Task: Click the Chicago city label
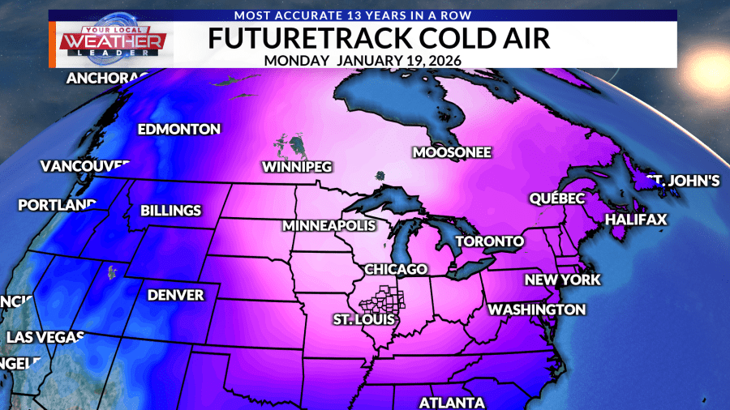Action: coord(395,269)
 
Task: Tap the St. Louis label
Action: coord(363,320)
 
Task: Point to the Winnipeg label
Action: coord(298,168)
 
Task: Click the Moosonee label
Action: coord(451,152)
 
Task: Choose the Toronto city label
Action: coord(489,241)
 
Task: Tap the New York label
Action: coord(562,280)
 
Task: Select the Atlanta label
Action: coord(452,403)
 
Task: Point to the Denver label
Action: coord(175,295)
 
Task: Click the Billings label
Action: coord(170,211)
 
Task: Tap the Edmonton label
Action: coord(178,130)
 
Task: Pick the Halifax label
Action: coord(636,220)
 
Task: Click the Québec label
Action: coord(556,199)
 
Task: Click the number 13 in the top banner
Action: coord(384,15)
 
